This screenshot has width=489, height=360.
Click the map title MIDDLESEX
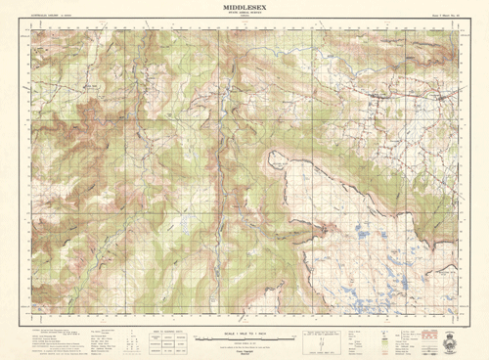pos(244,7)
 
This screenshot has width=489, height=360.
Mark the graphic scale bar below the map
pos(246,338)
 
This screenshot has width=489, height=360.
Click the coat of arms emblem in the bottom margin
pos(452,343)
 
